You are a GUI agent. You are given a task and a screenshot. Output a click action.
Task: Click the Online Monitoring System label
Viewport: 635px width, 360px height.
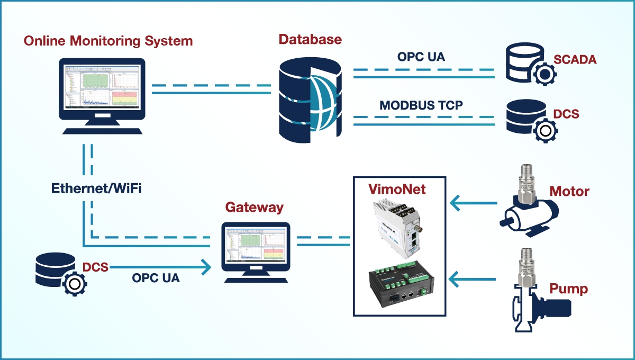(x=108, y=41)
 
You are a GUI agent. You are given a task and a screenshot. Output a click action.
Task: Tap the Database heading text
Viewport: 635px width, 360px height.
(x=310, y=39)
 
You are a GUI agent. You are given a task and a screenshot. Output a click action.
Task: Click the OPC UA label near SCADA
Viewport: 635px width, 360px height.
(x=421, y=57)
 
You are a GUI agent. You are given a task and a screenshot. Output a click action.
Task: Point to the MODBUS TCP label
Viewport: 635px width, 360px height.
(x=421, y=105)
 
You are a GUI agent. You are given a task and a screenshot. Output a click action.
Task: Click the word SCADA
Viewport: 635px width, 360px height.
(x=575, y=59)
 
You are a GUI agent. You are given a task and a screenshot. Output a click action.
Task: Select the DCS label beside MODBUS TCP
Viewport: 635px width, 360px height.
(x=566, y=114)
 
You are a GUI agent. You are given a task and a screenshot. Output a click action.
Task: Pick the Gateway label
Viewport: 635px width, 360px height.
(x=254, y=207)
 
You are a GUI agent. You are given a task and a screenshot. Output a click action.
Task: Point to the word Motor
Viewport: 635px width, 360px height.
(x=569, y=191)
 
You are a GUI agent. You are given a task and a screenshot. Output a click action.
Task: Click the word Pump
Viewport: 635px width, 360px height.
(x=568, y=289)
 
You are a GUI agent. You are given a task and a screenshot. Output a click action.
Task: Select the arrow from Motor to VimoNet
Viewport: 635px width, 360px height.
(x=474, y=202)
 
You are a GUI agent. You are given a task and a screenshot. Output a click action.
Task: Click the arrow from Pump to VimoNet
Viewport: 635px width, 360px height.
(x=474, y=278)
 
